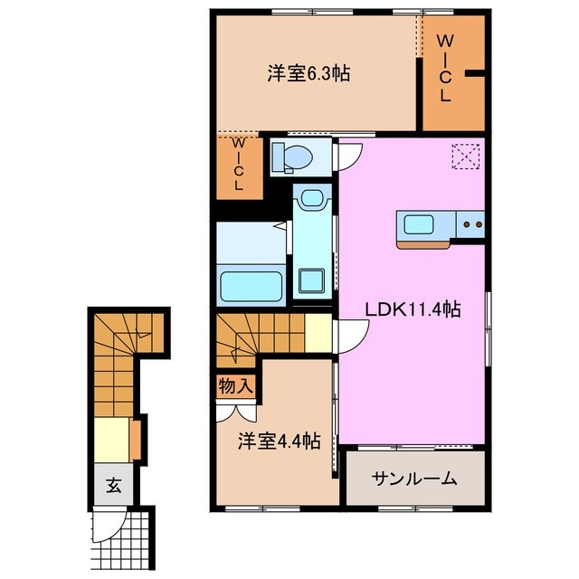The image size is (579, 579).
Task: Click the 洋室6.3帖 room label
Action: point(308,74)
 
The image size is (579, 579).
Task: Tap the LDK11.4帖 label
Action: point(413,309)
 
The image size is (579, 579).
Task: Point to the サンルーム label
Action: point(415,479)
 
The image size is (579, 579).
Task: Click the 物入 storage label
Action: point(235,386)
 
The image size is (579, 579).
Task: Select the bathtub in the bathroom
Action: point(251,283)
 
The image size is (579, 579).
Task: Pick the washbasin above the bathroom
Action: point(313,199)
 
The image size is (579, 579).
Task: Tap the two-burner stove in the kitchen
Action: point(470,223)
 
